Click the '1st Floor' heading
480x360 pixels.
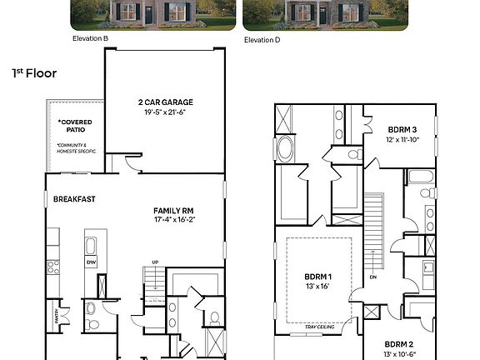(x=34, y=73)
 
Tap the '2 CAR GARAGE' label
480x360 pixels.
(x=163, y=104)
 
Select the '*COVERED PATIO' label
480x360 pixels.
(x=75, y=127)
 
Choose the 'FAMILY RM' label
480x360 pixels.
(x=173, y=210)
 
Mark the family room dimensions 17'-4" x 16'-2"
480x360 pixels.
(x=173, y=220)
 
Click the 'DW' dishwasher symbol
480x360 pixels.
(x=91, y=262)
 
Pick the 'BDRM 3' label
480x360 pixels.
(x=402, y=130)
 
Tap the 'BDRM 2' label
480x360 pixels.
(x=399, y=343)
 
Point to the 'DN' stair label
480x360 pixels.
(x=374, y=277)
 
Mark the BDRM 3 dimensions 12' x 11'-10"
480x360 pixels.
(x=402, y=140)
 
